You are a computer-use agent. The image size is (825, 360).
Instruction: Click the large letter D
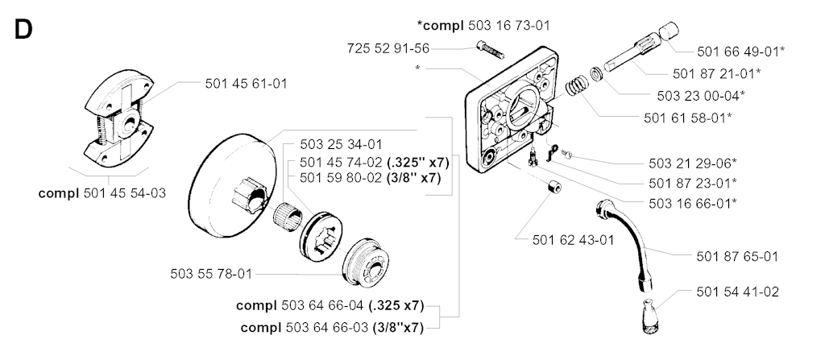(23, 30)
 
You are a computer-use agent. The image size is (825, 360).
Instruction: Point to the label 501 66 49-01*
(740, 51)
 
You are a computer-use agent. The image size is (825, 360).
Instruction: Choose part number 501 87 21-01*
(716, 73)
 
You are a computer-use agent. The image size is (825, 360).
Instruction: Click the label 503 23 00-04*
(699, 95)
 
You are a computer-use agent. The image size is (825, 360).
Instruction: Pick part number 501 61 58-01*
(687, 118)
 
